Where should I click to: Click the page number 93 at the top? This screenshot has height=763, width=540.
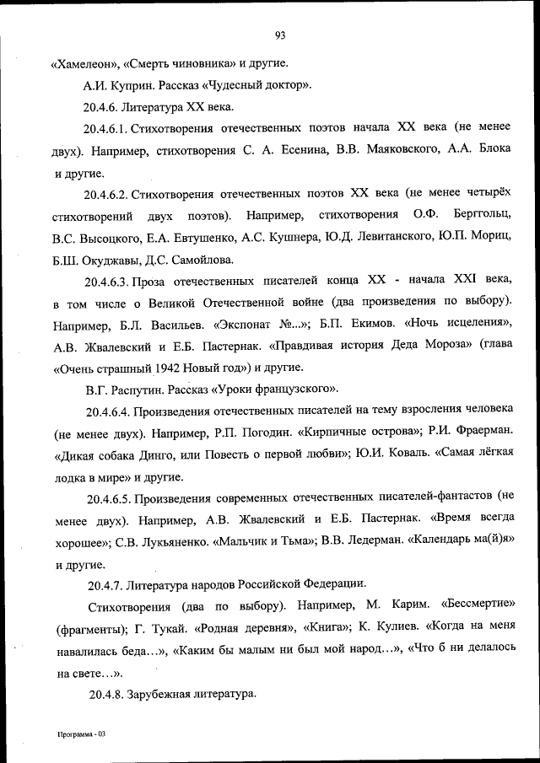(x=280, y=35)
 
